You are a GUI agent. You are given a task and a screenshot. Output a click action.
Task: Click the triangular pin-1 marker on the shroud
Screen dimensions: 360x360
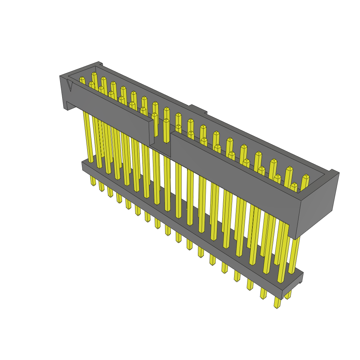70,85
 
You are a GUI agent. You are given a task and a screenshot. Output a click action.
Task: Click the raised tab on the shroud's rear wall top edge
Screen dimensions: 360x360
198,109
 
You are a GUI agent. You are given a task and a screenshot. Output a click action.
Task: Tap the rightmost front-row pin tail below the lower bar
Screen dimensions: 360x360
277,303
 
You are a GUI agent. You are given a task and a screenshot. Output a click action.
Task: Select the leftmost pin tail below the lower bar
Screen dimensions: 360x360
93,181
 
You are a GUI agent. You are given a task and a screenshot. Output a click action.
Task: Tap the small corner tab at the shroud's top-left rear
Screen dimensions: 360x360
100,64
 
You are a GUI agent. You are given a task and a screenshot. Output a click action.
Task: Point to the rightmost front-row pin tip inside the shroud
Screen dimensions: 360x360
294,186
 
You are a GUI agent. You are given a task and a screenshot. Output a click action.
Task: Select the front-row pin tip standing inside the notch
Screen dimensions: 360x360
166,121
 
